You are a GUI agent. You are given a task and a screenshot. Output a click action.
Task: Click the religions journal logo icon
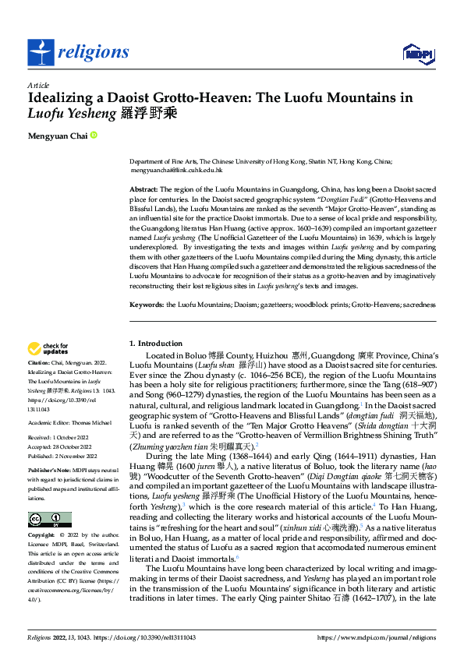point(41,52)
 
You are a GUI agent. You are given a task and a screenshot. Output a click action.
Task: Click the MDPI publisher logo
point(418,52)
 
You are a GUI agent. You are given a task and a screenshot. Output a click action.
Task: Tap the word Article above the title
point(39,85)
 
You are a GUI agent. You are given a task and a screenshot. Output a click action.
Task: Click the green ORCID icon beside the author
point(94,135)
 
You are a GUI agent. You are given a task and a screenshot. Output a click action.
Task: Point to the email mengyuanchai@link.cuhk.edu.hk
point(176,169)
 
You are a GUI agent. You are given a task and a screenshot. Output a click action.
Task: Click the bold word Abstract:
point(143,189)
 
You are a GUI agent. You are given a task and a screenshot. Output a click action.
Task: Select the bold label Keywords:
point(147,305)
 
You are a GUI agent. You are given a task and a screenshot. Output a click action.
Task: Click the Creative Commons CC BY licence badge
point(49,520)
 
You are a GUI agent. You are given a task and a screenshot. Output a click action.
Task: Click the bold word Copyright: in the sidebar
point(41,536)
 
